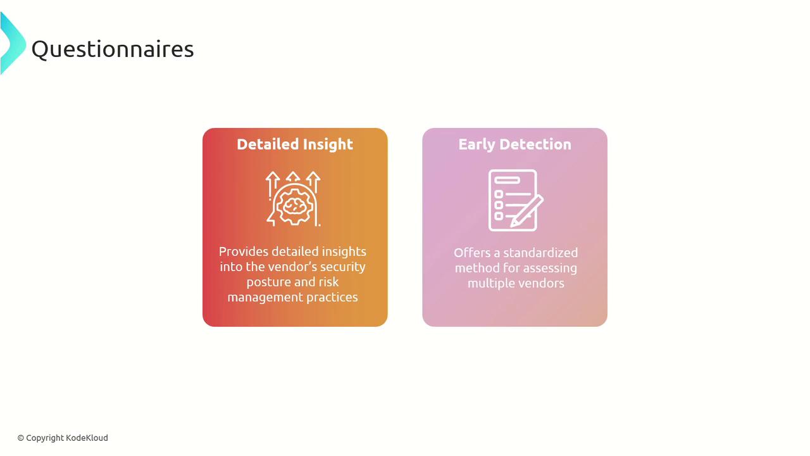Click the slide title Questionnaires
point(113,49)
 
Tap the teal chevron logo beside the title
point(13,43)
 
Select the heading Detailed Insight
point(295,144)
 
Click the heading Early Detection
point(515,144)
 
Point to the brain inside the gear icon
point(293,206)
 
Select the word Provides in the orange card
point(244,251)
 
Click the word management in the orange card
point(265,298)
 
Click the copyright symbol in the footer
point(21,438)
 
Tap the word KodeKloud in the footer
point(87,438)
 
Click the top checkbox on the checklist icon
point(499,194)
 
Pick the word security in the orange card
point(343,267)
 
